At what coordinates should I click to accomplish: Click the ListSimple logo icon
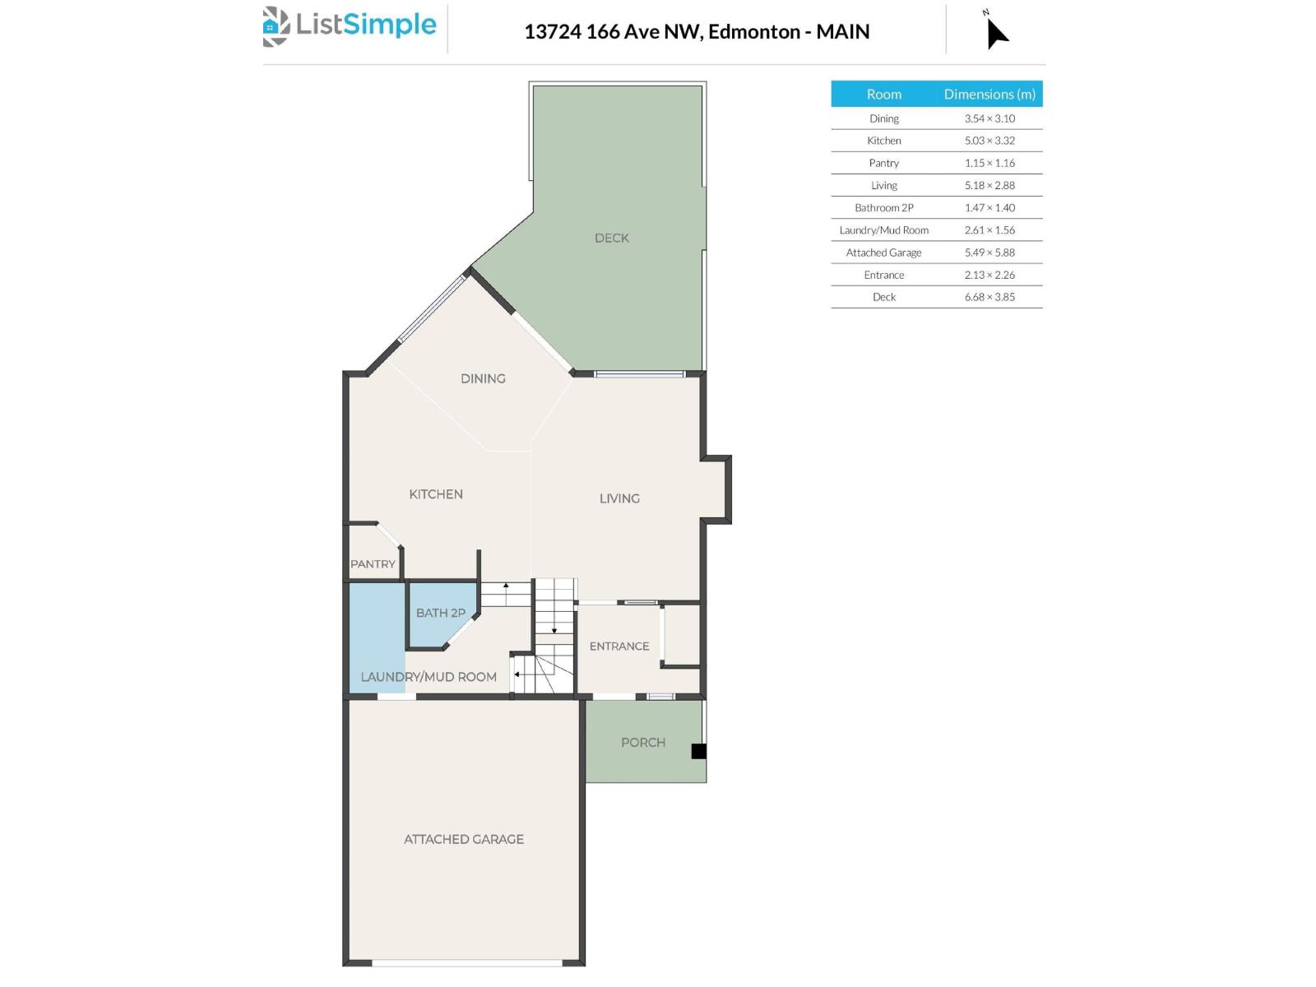tap(276, 26)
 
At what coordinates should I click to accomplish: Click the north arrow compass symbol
tap(997, 31)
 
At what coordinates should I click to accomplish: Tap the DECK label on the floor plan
tap(612, 238)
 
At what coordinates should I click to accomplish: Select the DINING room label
tap(483, 378)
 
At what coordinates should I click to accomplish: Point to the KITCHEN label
tap(436, 494)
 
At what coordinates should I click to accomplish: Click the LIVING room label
tap(619, 498)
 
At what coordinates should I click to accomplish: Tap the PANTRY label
tap(373, 564)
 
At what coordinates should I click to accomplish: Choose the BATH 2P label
tap(441, 613)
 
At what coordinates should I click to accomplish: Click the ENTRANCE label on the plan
tap(619, 646)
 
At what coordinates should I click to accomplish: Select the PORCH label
tap(643, 743)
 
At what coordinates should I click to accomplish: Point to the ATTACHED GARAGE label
tap(463, 839)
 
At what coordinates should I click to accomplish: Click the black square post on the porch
tap(698, 751)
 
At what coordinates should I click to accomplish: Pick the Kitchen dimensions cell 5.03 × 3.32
tap(989, 141)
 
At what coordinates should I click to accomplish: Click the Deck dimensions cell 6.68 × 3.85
tap(989, 297)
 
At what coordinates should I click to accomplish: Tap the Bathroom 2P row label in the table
tap(883, 208)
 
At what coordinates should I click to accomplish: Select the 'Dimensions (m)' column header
tap(989, 94)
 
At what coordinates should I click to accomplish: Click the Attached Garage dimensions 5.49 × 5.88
tap(989, 253)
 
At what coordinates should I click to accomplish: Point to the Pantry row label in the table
tap(883, 163)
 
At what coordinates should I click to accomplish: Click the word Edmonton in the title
tap(753, 31)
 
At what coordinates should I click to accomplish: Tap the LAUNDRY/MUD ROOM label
tap(428, 677)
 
